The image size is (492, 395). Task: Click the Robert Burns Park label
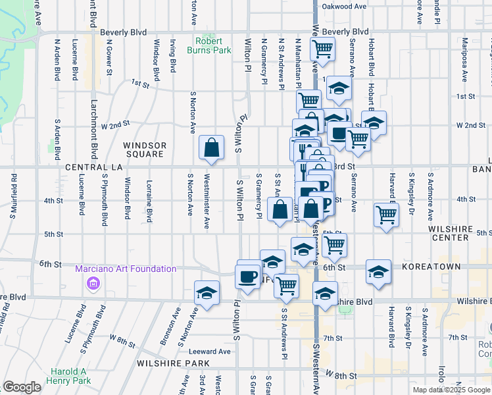pyautogui.click(x=213, y=45)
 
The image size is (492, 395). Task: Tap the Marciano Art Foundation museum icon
pyautogui.click(x=93, y=284)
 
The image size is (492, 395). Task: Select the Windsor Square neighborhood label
pyautogui.click(x=145, y=149)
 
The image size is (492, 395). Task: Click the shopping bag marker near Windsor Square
pyautogui.click(x=212, y=149)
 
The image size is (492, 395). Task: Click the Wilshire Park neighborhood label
pyautogui.click(x=173, y=363)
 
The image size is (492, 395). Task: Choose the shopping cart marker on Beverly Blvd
pyautogui.click(x=322, y=49)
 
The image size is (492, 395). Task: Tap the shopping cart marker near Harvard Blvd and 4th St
pyautogui.click(x=386, y=214)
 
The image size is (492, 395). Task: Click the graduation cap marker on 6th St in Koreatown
pyautogui.click(x=379, y=273)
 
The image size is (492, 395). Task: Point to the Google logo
pyautogui.click(x=22, y=387)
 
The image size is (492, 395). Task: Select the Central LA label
pyautogui.click(x=94, y=168)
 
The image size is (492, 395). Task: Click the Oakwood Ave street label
pyautogui.click(x=343, y=7)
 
